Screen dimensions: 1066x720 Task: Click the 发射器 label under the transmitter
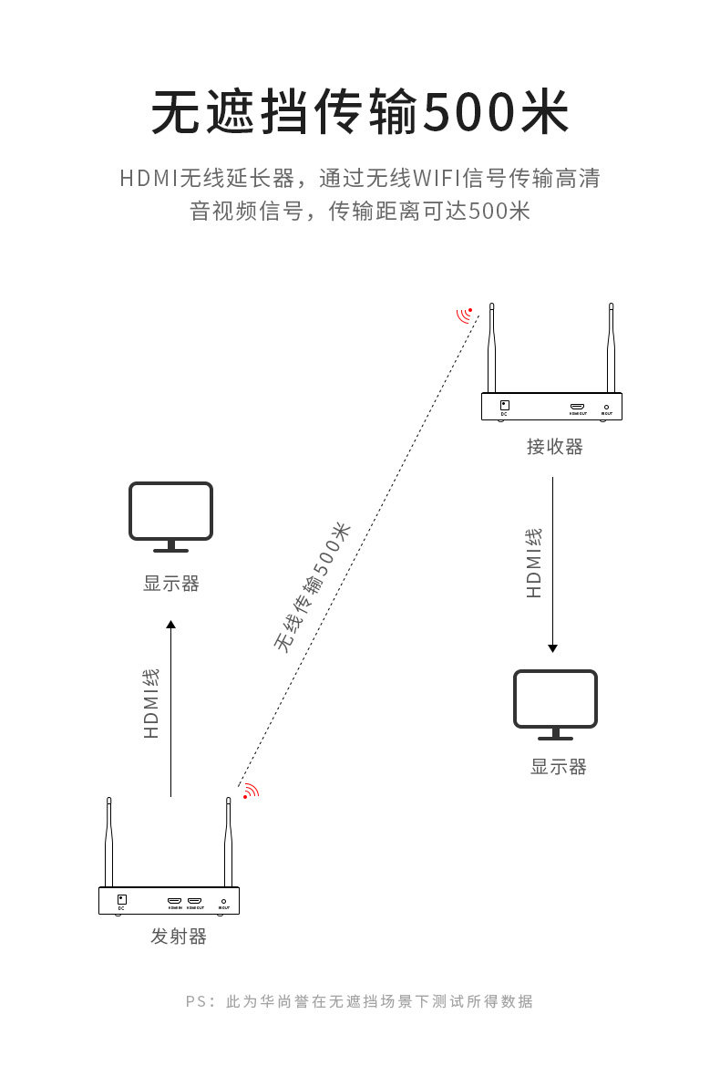(179, 937)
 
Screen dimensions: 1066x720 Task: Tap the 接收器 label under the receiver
(554, 447)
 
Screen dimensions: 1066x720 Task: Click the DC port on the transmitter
(121, 899)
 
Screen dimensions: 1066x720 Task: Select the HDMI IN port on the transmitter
(174, 901)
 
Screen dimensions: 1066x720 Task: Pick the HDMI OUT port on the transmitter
(194, 901)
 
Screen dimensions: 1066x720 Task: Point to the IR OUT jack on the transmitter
(223, 901)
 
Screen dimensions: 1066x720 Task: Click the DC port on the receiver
(504, 406)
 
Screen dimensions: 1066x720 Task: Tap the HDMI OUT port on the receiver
(578, 407)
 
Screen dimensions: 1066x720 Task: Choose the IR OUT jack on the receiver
(606, 408)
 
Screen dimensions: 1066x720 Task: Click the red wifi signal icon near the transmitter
(249, 792)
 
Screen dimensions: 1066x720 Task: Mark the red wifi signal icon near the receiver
(466, 316)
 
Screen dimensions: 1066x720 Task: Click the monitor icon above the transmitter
(170, 515)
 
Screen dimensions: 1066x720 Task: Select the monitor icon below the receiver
(555, 703)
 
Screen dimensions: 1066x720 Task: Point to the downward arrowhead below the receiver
(552, 647)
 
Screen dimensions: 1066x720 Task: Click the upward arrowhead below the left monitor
(170, 625)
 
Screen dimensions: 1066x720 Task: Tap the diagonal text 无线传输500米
(312, 588)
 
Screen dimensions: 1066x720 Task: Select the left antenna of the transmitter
(108, 843)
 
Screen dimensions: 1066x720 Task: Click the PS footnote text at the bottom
(359, 1001)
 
